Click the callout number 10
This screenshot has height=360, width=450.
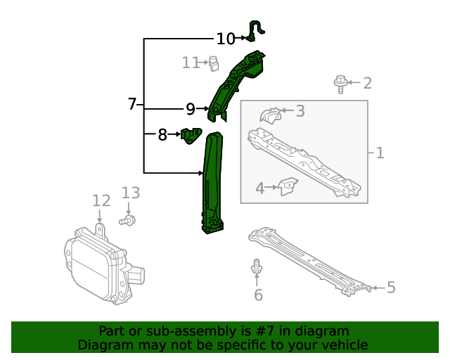click(226, 39)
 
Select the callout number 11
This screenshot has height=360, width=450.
click(191, 63)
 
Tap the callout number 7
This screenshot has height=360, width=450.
click(132, 104)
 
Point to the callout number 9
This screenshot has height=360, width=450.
click(191, 109)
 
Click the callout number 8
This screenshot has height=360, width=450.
click(162, 134)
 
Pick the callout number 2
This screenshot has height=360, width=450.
click(367, 84)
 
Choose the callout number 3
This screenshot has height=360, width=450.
click(300, 110)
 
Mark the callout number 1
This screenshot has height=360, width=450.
click(380, 153)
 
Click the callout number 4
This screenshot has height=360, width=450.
click(259, 188)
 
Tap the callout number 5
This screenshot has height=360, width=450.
click(391, 287)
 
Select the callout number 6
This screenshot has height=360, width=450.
click(258, 295)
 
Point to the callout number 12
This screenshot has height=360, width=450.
click(101, 201)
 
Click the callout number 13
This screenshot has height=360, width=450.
click(131, 193)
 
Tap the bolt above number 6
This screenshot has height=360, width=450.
click(257, 267)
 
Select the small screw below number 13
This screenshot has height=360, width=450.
click(127, 221)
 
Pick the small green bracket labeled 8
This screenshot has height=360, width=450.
click(191, 134)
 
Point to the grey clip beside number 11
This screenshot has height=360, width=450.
click(214, 63)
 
